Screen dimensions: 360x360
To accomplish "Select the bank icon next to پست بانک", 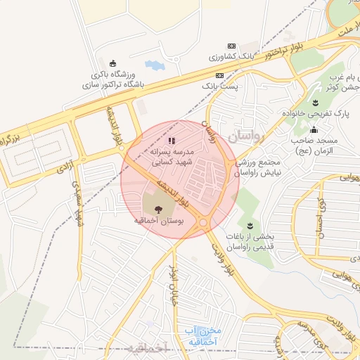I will tap(220, 75).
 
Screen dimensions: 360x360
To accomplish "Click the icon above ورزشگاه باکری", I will tap(114, 63).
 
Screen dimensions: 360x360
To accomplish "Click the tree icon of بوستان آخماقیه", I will tap(157, 208).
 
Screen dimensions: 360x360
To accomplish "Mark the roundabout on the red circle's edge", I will tap(203, 223).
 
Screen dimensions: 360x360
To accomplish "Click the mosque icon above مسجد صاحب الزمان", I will tap(313, 130).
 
